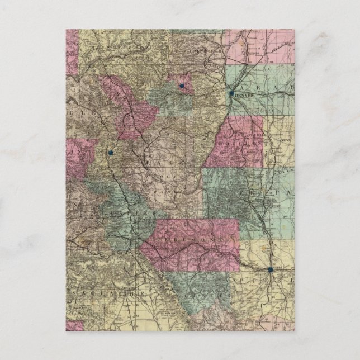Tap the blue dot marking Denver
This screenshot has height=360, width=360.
[x=231, y=93]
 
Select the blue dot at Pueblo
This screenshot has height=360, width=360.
[x=271, y=269]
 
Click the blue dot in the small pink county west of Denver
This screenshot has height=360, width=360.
[x=182, y=86]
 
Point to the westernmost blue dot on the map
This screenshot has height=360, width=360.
[x=111, y=152]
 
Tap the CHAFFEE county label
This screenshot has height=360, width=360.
[x=134, y=213]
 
